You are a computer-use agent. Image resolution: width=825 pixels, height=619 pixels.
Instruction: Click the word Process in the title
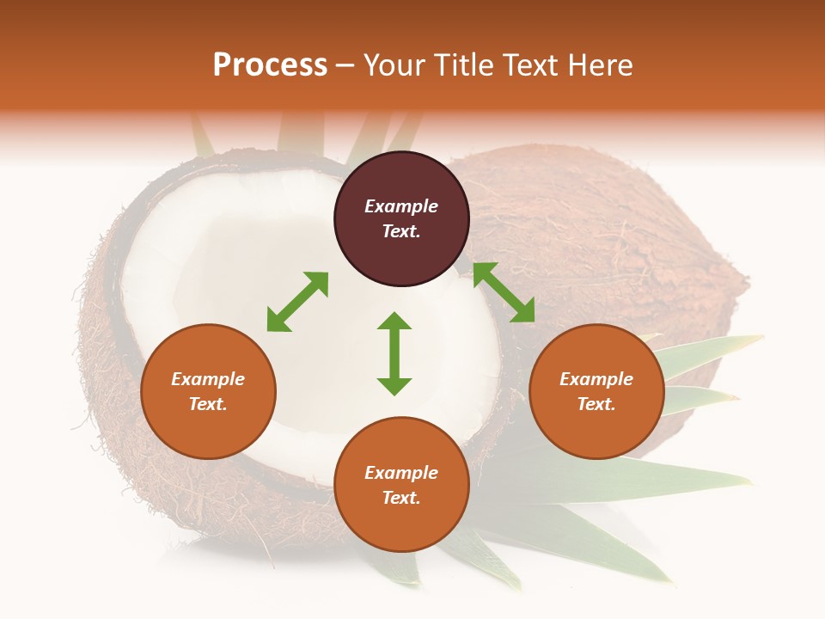click(x=270, y=65)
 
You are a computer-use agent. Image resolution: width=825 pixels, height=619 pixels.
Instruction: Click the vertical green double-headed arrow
click(x=394, y=353)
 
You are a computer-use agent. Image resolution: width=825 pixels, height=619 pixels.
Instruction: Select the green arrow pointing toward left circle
click(x=297, y=302)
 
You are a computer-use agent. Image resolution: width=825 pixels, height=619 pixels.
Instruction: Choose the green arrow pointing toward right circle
click(x=504, y=293)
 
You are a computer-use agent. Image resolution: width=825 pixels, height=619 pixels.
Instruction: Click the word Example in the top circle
click(x=401, y=206)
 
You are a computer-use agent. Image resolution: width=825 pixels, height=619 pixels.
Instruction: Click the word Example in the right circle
click(x=596, y=379)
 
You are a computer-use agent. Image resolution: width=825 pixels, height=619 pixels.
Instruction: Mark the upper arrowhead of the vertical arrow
click(x=394, y=322)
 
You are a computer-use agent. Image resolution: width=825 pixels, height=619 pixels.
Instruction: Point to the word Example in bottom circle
click(x=401, y=473)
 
